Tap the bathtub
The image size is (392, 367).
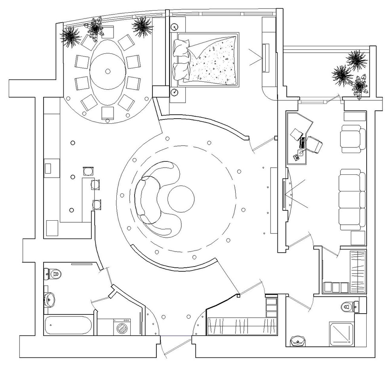coord(68,325)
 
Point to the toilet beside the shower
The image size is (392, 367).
coord(348,306)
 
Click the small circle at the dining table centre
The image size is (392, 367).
coord(107,71)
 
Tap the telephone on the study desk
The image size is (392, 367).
coord(296,157)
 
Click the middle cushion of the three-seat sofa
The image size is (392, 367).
coord(352,198)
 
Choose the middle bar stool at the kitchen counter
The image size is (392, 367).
coord(95,184)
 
